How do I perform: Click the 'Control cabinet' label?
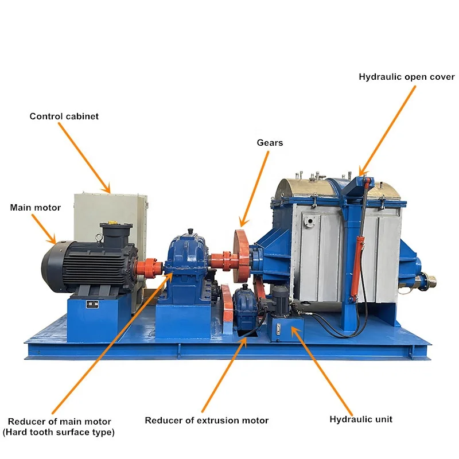tap(64, 116)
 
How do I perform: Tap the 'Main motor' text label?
tap(35, 208)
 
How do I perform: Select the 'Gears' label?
tap(269, 142)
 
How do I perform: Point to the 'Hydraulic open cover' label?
tap(406, 77)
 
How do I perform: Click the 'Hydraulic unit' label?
tap(361, 419)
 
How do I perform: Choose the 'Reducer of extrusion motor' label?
tap(207, 421)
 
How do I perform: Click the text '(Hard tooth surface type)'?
tap(60, 432)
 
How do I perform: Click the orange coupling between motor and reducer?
tap(150, 267)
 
